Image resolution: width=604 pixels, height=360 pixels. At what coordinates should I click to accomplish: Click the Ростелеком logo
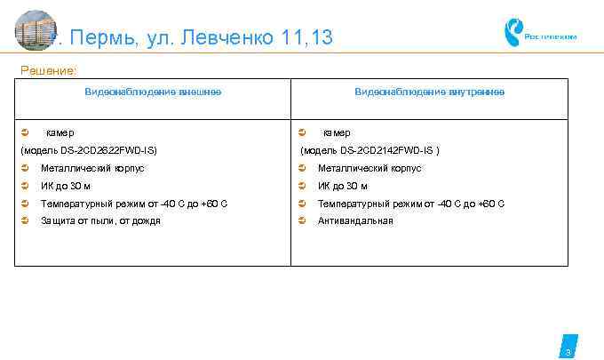click(x=540, y=35)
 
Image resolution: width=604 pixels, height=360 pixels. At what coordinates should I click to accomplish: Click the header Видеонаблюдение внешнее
click(x=153, y=92)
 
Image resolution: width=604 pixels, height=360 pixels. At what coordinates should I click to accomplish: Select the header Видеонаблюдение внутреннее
click(x=429, y=92)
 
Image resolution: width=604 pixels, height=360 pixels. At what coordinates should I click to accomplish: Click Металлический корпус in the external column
click(x=92, y=168)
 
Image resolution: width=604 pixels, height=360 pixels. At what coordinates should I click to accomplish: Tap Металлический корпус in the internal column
click(x=370, y=168)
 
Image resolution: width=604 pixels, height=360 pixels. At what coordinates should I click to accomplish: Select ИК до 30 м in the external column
click(x=66, y=186)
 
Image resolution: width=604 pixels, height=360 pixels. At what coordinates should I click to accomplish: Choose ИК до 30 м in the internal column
click(x=343, y=186)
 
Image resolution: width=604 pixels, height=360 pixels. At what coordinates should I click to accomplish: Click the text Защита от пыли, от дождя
click(x=100, y=220)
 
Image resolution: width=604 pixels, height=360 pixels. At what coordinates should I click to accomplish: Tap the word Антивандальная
click(x=355, y=220)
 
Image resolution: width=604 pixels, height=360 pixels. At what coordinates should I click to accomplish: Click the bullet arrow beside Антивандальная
click(x=303, y=220)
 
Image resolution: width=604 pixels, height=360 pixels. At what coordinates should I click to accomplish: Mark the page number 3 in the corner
click(x=568, y=351)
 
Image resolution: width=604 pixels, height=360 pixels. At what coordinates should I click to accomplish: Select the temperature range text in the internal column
click(x=411, y=204)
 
